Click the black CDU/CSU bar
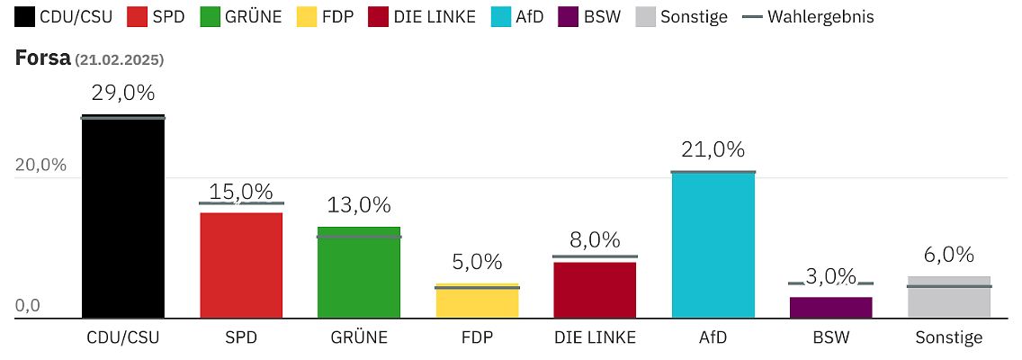point(123,217)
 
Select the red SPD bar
point(241,265)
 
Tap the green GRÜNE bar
point(359,272)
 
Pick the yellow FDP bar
point(477,301)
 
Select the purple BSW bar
point(830,307)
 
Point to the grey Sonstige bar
point(948,297)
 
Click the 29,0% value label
point(123,93)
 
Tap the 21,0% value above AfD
point(713,149)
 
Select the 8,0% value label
point(595,240)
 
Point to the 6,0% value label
point(948,255)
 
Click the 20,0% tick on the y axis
point(41,165)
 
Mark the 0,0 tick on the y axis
point(28,306)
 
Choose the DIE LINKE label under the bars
point(595,338)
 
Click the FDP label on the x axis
point(477,338)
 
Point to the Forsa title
point(42,58)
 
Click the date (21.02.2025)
point(119,59)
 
